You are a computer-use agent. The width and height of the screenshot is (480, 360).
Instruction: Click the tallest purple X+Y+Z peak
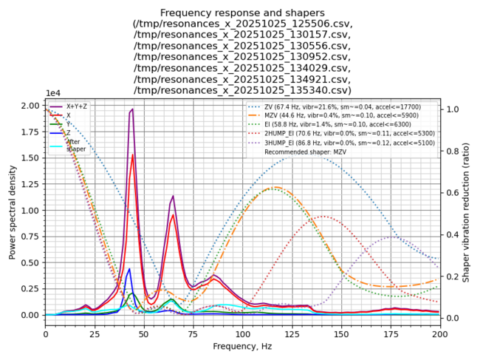click(x=132, y=109)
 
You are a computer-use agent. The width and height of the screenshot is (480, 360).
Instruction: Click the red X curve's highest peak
click(x=132, y=154)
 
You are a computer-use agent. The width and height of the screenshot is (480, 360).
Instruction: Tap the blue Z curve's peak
click(x=130, y=269)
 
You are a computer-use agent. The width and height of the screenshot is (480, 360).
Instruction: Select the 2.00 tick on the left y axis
click(x=30, y=106)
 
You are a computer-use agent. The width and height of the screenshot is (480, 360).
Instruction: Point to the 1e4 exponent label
click(x=53, y=93)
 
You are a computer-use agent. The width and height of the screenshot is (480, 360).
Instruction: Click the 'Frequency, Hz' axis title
click(x=242, y=346)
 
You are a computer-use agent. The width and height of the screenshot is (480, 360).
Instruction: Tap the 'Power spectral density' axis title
click(x=13, y=210)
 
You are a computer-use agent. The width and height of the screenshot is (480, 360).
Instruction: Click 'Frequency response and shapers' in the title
click(x=242, y=13)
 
